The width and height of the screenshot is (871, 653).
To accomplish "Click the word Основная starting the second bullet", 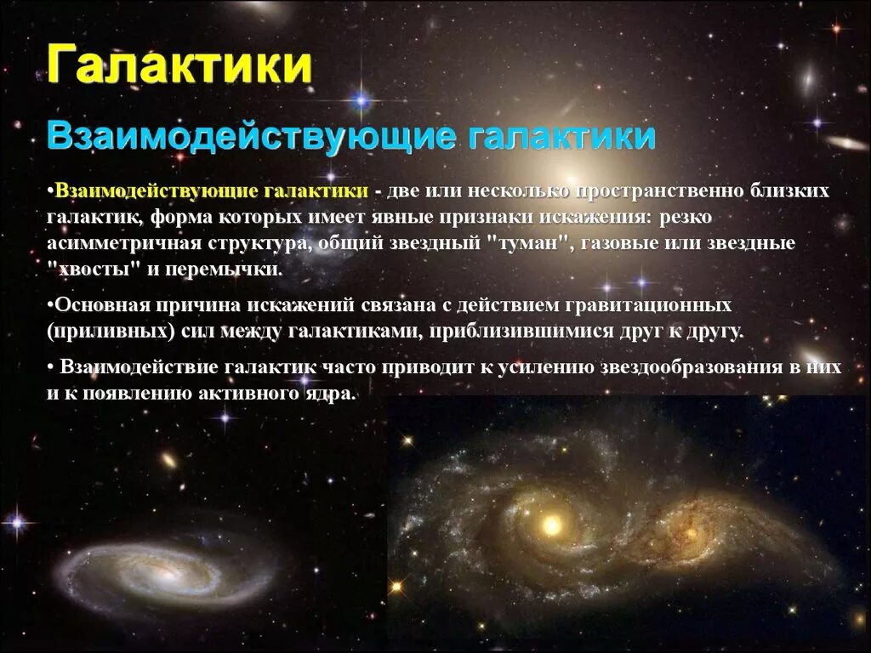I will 96,304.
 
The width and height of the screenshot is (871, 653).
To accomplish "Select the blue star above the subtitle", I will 363,100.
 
